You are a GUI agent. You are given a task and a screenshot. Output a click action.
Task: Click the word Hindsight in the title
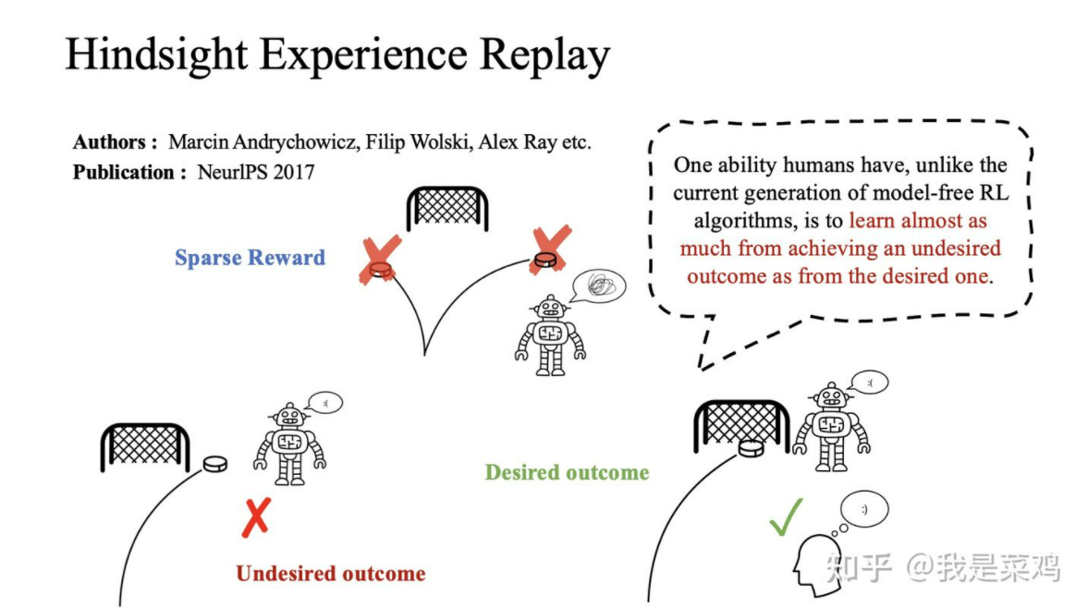pyautogui.click(x=154, y=55)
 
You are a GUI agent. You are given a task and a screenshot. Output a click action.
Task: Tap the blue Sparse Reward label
pyautogui.click(x=250, y=257)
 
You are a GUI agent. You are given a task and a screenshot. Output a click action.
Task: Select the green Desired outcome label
pyautogui.click(x=567, y=472)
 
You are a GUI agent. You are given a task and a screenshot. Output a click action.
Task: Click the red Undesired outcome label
pyautogui.click(x=330, y=573)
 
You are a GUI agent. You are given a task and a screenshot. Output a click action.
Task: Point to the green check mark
pyautogui.click(x=786, y=517)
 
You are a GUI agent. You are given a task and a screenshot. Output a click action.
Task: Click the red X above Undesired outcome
pyautogui.click(x=255, y=517)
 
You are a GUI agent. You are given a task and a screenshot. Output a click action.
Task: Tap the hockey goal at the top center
pyautogui.click(x=447, y=207)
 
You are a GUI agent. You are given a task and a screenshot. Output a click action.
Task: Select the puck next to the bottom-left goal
pyautogui.click(x=214, y=462)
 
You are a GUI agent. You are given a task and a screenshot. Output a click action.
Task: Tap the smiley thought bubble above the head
pyautogui.click(x=863, y=509)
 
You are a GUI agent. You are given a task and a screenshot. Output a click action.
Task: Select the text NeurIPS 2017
pyautogui.click(x=256, y=172)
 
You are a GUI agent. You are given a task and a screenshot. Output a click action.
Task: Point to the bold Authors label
pyautogui.click(x=109, y=142)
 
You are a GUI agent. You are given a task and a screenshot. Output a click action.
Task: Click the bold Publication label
pyautogui.click(x=124, y=172)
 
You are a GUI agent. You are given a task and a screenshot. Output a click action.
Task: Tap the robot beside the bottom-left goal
pyautogui.click(x=290, y=444)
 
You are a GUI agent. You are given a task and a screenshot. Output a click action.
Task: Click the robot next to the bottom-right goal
pyautogui.click(x=831, y=425)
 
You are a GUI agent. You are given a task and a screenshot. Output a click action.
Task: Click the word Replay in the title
pyautogui.click(x=544, y=55)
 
